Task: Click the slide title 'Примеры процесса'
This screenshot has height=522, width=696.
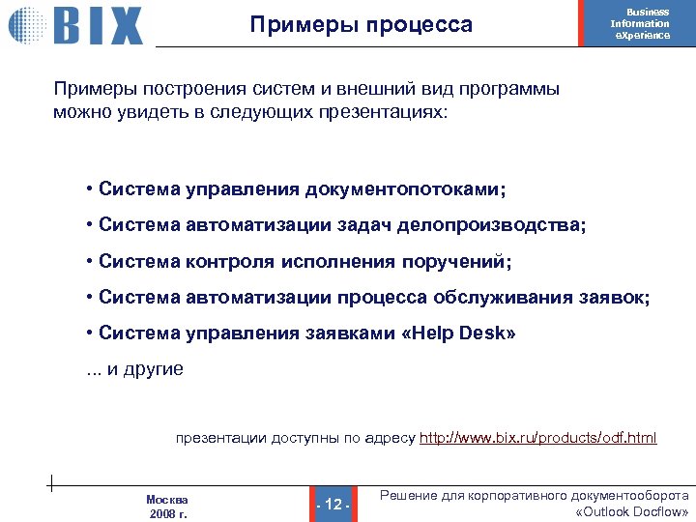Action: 361,25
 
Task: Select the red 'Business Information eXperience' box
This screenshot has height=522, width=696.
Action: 640,24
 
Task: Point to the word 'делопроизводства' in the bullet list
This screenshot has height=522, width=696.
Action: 501,225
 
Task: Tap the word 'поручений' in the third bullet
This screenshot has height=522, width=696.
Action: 462,262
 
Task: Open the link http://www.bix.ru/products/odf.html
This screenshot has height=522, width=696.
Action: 537,439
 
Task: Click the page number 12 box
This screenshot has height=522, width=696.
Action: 333,505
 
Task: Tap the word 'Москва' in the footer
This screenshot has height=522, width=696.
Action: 167,499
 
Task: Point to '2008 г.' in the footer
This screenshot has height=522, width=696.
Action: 168,513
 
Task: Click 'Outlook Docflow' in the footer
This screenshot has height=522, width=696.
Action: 631,511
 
